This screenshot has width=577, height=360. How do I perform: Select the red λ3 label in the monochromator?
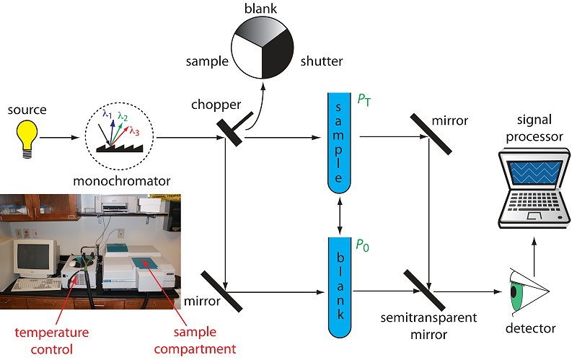point(134,131)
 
